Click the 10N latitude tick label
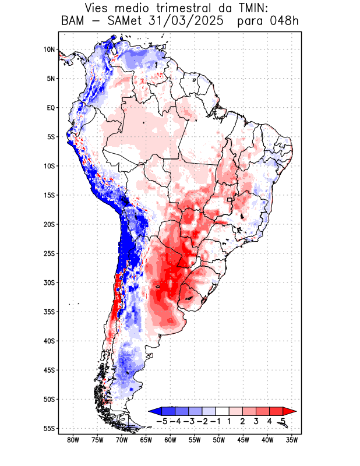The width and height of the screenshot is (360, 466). click(49, 50)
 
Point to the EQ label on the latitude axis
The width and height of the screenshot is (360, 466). click(51, 108)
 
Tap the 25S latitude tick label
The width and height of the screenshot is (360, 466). click(49, 253)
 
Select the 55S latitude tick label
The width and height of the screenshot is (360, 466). click(49, 428)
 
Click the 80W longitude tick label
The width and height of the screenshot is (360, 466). click(73, 440)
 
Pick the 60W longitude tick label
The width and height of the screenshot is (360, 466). click(171, 440)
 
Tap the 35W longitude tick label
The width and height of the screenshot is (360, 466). click(292, 440)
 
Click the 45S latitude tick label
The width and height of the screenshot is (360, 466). click(49, 370)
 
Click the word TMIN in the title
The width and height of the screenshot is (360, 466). click(248, 9)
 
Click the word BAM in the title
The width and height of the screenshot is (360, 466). click(73, 22)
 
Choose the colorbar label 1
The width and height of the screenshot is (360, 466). click(229, 421)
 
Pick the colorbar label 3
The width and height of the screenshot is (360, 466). click(256, 421)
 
